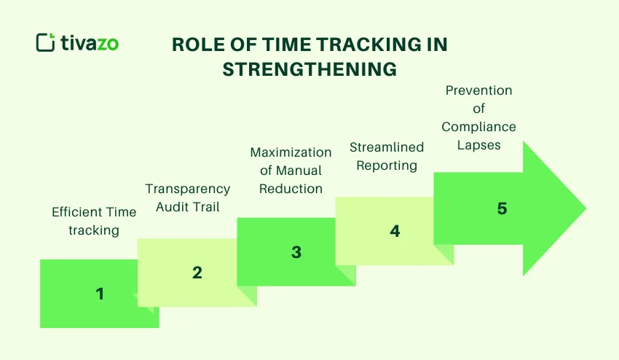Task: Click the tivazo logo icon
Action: tap(45, 42)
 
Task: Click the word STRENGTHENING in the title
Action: tap(309, 69)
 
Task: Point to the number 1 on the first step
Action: tap(100, 294)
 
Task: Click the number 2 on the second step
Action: tap(197, 273)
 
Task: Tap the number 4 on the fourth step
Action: tap(395, 232)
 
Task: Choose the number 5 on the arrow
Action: tap(502, 208)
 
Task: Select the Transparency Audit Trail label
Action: tap(187, 198)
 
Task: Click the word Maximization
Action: tap(291, 152)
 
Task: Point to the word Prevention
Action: tap(478, 90)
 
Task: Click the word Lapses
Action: tap(478, 144)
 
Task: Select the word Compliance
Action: tap(478, 127)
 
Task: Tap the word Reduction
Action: tap(291, 189)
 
